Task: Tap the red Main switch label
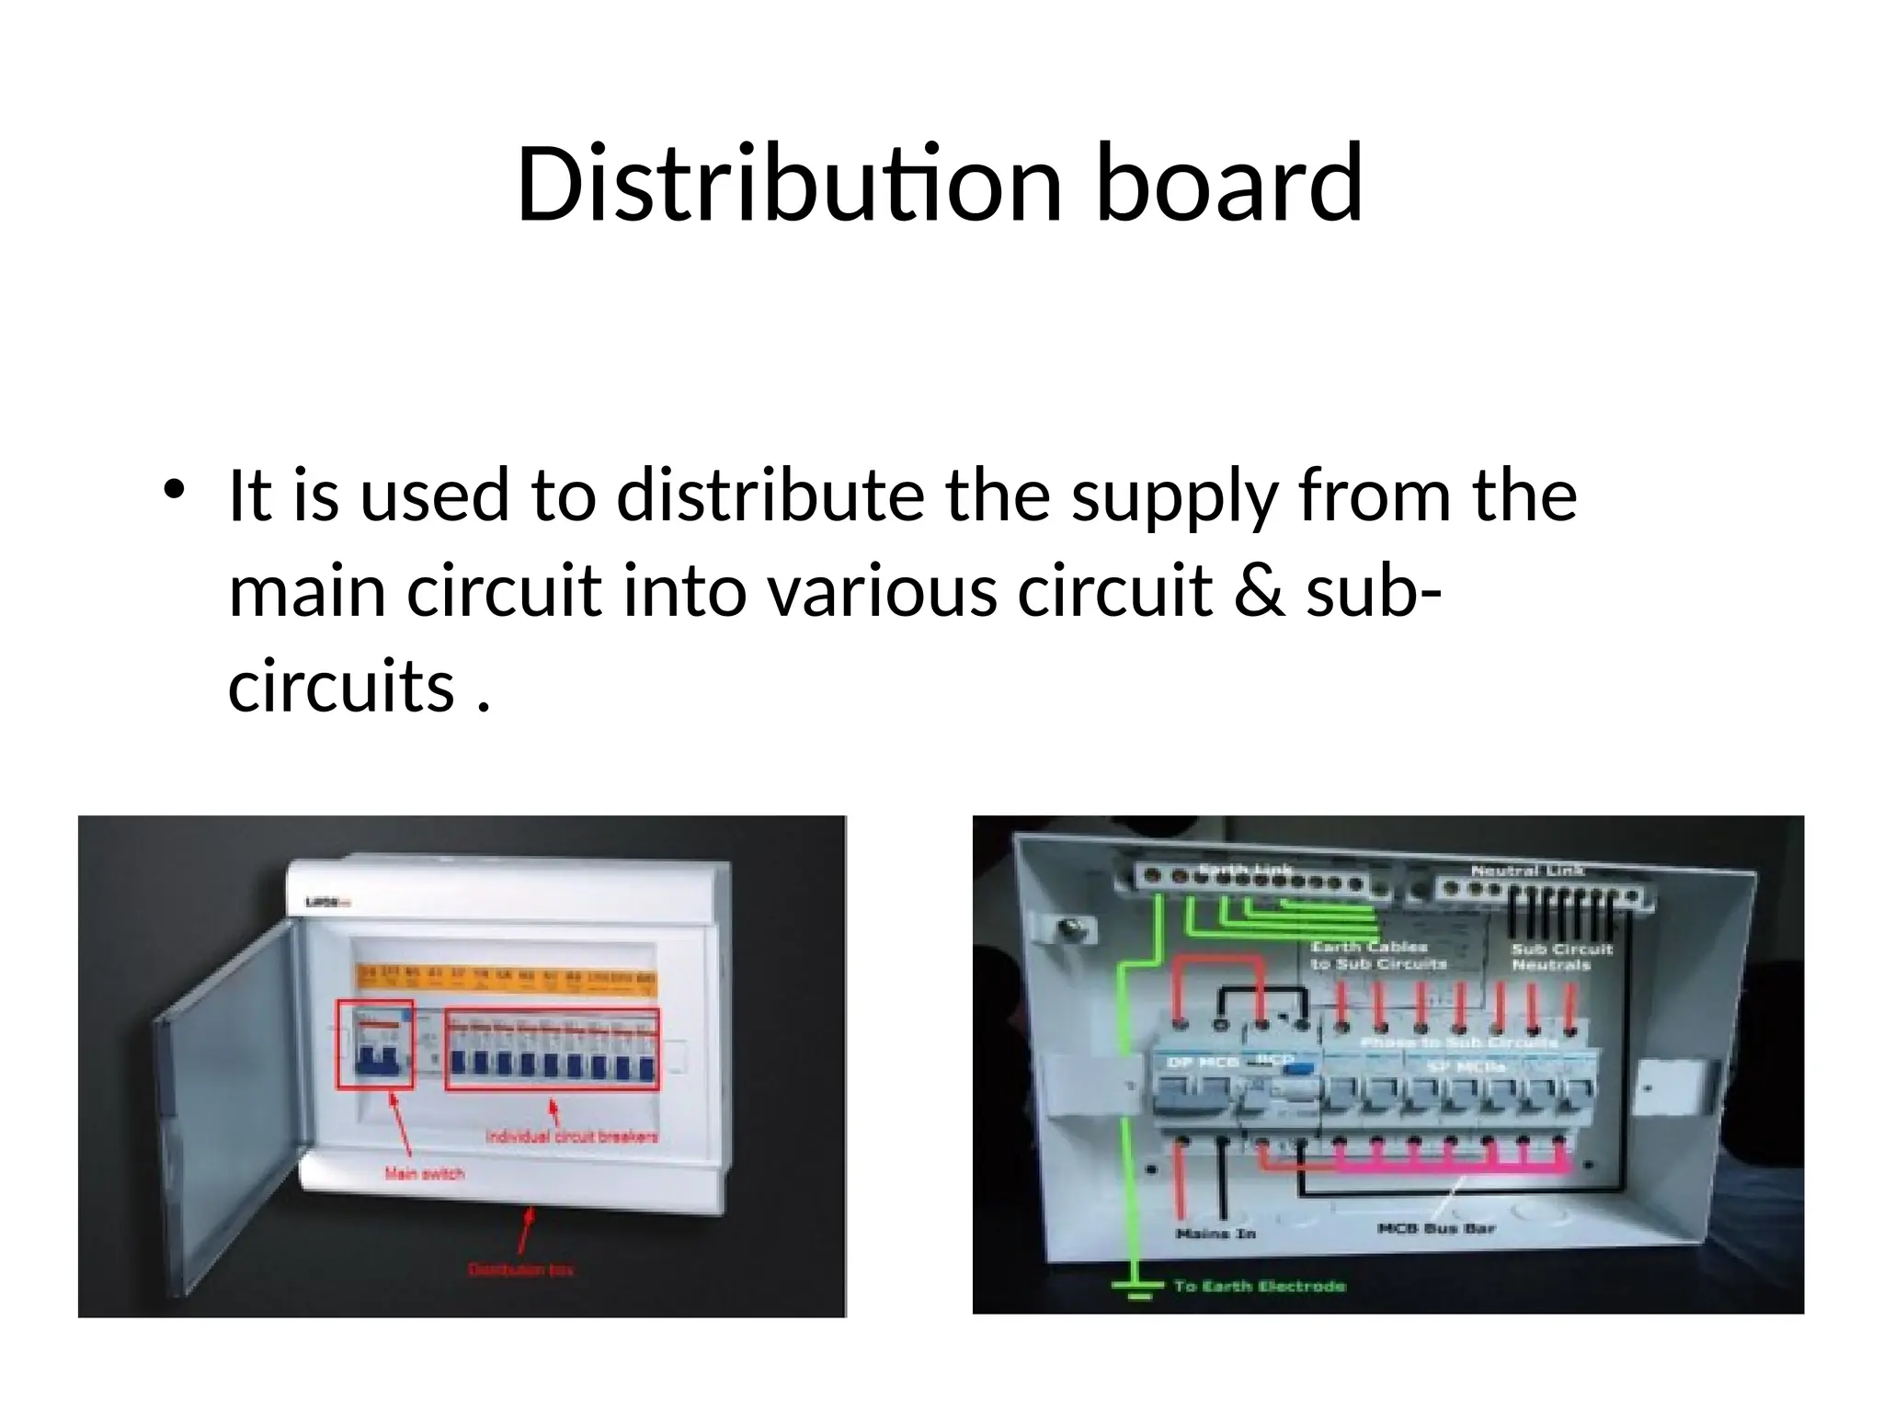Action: coord(424,1173)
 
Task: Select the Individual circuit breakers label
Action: coord(572,1137)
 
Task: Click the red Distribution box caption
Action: coord(521,1270)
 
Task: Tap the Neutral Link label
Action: coord(1527,870)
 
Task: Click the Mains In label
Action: coord(1215,1233)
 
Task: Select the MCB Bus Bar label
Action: coord(1436,1228)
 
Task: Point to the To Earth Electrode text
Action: coord(1260,1286)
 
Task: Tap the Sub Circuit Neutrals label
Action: coord(1562,956)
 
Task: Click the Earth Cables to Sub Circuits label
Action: coord(1377,955)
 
